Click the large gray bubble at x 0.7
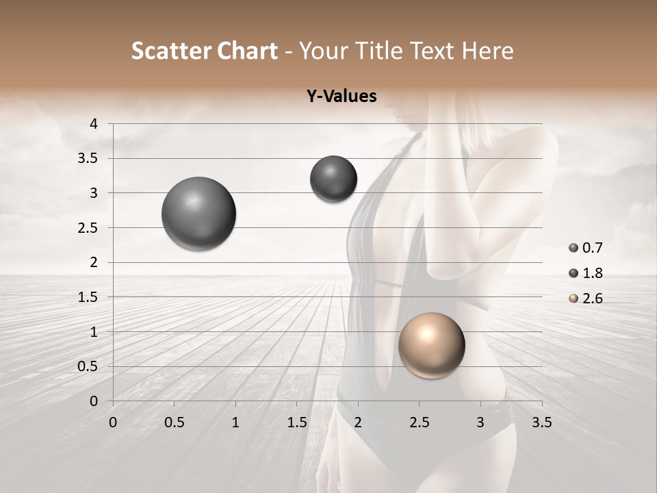[x=198, y=214]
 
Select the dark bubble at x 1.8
[x=333, y=179]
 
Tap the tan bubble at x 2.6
[x=431, y=345]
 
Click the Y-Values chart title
[x=342, y=96]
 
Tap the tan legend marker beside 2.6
[x=574, y=299]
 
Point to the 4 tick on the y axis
[x=94, y=124]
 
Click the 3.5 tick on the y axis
[x=89, y=158]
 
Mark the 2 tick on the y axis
[x=94, y=262]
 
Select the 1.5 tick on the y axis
[x=89, y=297]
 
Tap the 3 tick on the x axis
[x=480, y=422]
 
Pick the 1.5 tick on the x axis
[x=296, y=422]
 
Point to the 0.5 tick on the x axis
[x=175, y=422]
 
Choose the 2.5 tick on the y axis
[x=89, y=228]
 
